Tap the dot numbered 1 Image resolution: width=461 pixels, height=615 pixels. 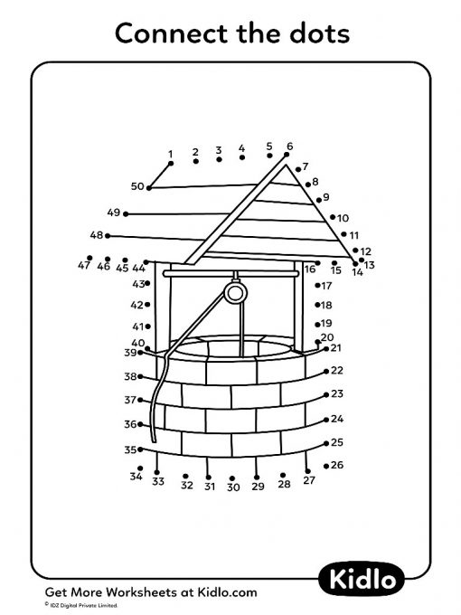171,164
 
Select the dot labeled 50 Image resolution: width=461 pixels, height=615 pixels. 149,188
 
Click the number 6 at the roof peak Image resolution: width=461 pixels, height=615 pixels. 289,147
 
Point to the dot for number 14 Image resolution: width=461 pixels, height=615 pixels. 355,264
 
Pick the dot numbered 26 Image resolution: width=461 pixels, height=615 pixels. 326,466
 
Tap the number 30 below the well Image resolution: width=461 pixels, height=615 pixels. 233,487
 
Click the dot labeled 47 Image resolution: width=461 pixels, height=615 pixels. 89,258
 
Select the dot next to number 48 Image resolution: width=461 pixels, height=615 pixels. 108,236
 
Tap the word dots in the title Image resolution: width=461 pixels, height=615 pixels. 319,33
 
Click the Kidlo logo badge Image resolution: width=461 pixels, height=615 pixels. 361,580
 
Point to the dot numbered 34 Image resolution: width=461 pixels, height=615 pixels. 140,468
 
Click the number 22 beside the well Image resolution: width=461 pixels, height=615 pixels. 337,371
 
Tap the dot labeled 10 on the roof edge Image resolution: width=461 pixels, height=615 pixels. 333,217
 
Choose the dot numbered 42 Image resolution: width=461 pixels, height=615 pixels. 147,305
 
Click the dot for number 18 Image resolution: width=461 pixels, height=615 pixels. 317,305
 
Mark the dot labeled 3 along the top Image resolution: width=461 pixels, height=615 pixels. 219,159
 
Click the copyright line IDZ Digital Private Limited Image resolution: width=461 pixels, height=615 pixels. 81,606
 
